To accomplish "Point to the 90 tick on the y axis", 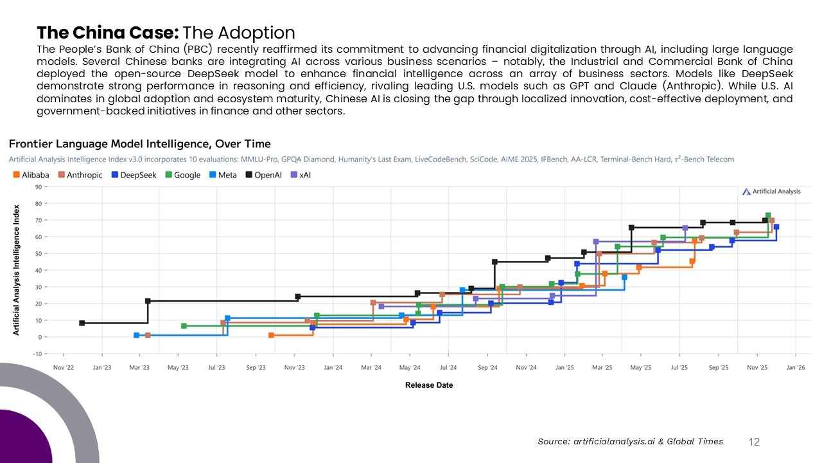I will click(x=38, y=187).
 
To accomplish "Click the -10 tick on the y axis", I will click(x=37, y=354).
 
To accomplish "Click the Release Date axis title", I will click(x=429, y=385).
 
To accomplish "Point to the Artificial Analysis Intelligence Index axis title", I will click(x=17, y=269).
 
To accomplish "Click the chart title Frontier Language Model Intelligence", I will click(x=139, y=144).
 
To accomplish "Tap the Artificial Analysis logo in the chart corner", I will click(x=771, y=191).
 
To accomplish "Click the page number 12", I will click(x=755, y=442).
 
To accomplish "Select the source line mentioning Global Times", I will click(x=630, y=441).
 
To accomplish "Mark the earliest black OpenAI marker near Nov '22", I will click(x=82, y=323).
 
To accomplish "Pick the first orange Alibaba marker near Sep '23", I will click(x=271, y=335).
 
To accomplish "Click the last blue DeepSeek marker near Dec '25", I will click(x=776, y=227).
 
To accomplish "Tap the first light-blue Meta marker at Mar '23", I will click(x=136, y=335).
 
